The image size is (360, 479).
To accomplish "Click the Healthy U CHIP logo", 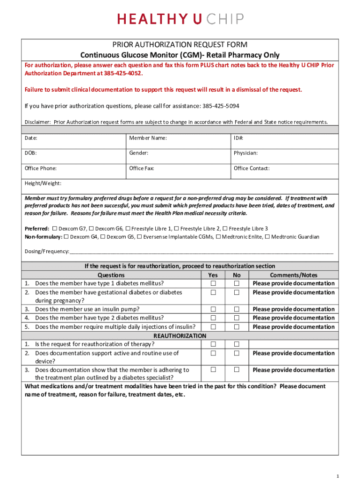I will tap(180, 19).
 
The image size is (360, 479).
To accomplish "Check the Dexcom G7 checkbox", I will tap(54, 229).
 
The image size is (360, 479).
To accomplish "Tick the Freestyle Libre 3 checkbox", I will tap(225, 229).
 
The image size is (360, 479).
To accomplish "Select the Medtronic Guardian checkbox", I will tap(267, 237).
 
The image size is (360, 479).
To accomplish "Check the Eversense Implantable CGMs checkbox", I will tap(139, 237).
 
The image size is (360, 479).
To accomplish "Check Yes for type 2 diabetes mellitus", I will tap(213, 318).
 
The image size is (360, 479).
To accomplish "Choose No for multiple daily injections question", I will tap(237, 327).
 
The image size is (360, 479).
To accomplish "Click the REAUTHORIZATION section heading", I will tap(180, 336).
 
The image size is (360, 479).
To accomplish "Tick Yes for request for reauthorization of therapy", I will tap(213, 345).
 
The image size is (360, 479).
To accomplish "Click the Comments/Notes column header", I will tap(294, 275).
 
